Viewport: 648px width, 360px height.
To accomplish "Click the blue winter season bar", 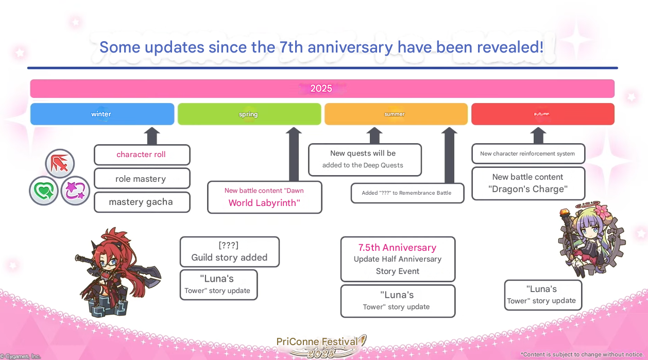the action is click(102, 114).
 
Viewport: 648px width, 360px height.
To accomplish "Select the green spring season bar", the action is click(249, 114).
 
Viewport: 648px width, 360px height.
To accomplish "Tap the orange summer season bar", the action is click(396, 114).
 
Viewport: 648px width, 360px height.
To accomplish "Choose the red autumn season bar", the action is click(543, 114).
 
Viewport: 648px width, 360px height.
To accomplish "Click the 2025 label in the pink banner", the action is click(321, 89).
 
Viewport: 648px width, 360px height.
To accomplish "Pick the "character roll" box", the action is click(142, 155).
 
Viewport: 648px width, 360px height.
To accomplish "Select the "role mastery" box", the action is click(142, 178).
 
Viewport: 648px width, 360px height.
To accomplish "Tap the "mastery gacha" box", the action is click(142, 202).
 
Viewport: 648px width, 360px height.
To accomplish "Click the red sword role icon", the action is click(60, 164).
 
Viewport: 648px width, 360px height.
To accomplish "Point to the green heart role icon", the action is click(44, 191).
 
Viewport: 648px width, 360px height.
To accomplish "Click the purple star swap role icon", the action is click(75, 191).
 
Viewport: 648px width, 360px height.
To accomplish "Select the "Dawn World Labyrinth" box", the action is click(265, 197).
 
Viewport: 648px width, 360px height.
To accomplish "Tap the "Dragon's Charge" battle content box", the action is click(528, 183).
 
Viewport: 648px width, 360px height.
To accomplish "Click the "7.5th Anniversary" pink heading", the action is click(397, 248).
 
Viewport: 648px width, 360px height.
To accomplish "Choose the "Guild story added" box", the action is click(230, 252).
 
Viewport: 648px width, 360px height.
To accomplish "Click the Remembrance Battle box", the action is click(407, 193).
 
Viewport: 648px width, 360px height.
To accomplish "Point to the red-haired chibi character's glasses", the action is click(108, 263).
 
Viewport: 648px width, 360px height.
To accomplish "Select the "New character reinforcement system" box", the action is click(528, 153).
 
